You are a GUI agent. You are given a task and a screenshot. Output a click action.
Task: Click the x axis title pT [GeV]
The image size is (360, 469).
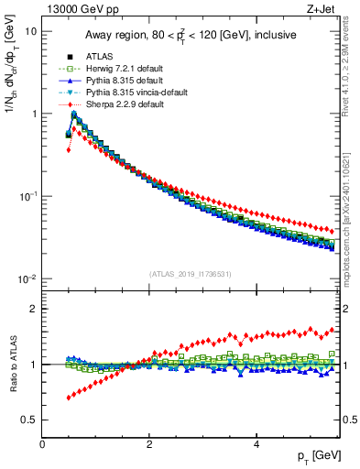pyautogui.click(x=317, y=455)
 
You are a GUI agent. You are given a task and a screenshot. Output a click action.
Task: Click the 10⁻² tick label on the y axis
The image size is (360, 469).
pyautogui.click(x=27, y=278)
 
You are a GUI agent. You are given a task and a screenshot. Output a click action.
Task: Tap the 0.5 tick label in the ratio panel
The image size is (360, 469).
pyautogui.click(x=27, y=420)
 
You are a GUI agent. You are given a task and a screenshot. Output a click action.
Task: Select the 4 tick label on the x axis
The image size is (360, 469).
pyautogui.click(x=256, y=444)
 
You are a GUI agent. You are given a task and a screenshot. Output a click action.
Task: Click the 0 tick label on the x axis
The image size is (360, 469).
pyautogui.click(x=43, y=444)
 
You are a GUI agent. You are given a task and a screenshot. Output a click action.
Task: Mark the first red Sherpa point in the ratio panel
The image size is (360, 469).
pyautogui.click(x=69, y=398)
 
